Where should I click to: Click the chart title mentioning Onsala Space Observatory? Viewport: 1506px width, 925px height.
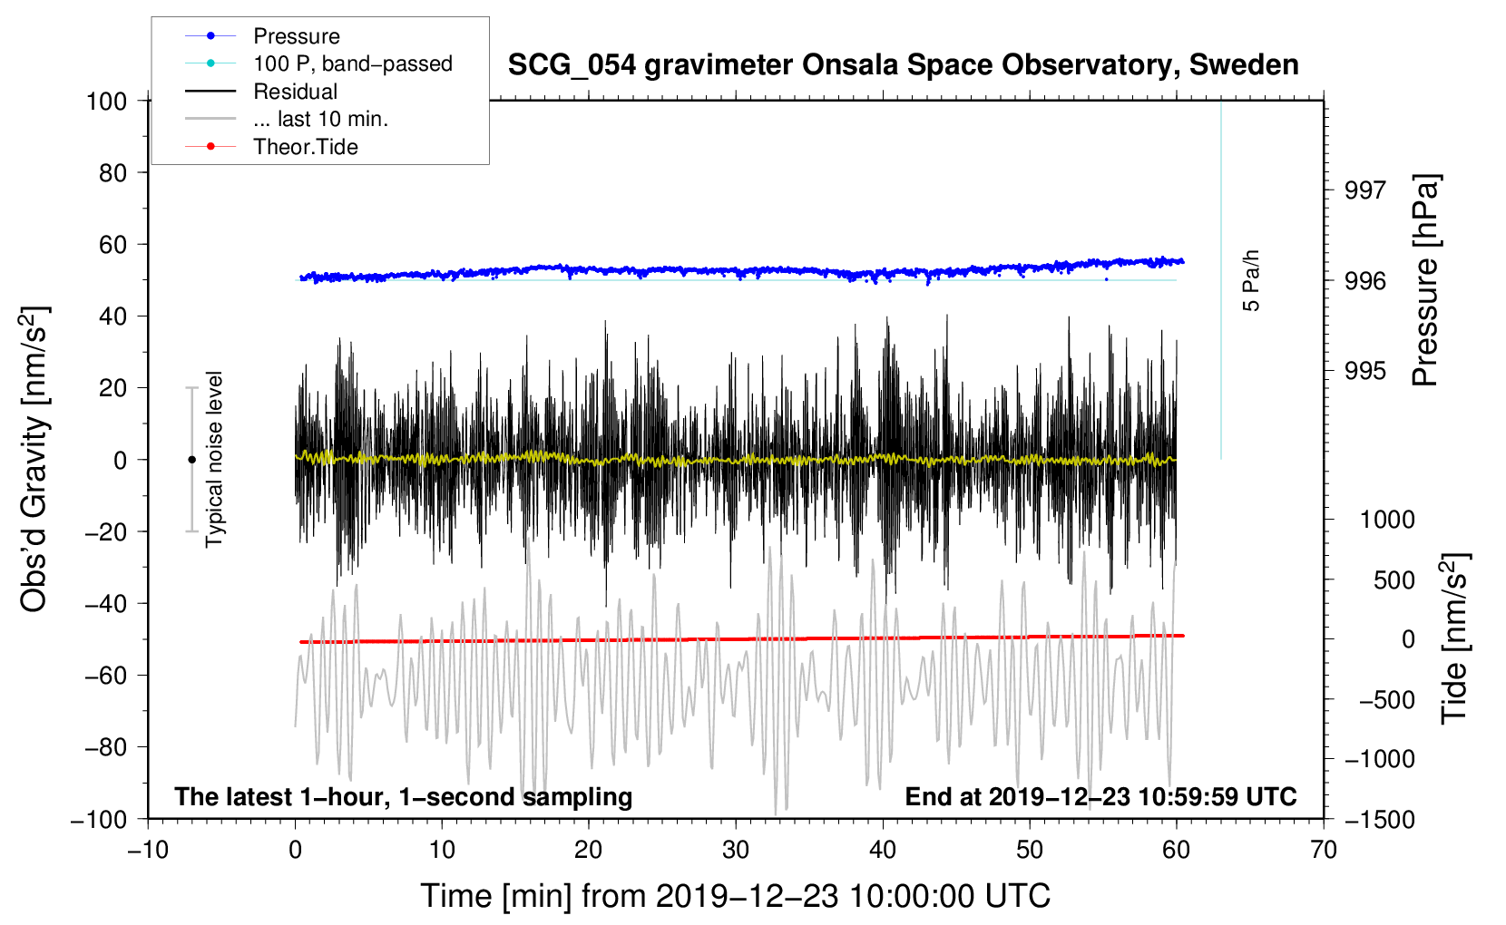[x=903, y=65]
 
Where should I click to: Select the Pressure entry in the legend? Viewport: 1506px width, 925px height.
[x=296, y=36]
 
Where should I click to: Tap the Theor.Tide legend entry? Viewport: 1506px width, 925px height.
[x=305, y=147]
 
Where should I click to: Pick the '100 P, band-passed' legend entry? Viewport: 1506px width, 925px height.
[x=352, y=63]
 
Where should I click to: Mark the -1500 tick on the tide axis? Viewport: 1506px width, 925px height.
[x=1379, y=819]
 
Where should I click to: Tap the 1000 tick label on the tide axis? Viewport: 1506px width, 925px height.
[x=1386, y=520]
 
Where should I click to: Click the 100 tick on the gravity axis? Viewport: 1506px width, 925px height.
[x=106, y=101]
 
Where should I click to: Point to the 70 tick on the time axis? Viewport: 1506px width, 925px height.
[x=1324, y=850]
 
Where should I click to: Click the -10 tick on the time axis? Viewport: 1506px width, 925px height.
[x=148, y=850]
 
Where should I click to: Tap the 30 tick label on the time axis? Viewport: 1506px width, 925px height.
[x=736, y=850]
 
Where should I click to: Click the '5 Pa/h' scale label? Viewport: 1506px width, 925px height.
[x=1252, y=280]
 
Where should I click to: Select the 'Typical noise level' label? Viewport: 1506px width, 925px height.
[x=214, y=459]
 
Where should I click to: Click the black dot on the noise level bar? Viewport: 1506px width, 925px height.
[x=191, y=460]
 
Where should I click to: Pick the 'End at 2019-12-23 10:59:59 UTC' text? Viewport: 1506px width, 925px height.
[x=1100, y=796]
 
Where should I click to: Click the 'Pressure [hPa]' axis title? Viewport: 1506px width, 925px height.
[x=1425, y=280]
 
